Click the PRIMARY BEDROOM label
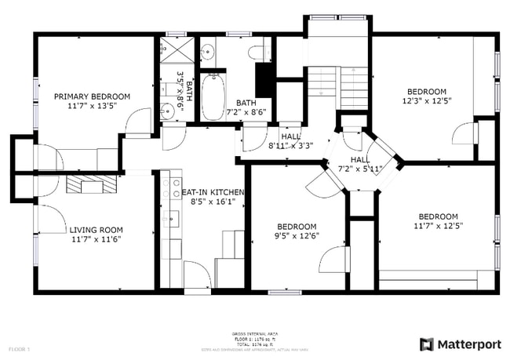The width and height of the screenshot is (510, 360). click(92, 96)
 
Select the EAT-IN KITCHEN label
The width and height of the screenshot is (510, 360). click(213, 192)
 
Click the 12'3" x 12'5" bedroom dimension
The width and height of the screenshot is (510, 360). click(426, 100)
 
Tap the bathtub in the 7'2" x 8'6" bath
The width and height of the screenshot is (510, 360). click(213, 97)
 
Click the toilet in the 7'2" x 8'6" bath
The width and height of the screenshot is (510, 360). click(258, 53)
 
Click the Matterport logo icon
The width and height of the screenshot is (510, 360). click(426, 344)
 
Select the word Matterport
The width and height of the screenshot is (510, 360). click(468, 344)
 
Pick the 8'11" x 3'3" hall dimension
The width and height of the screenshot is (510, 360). click(290, 145)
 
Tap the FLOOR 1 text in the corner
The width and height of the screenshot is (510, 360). click(19, 347)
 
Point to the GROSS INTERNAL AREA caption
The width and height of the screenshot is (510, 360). click(255, 333)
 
